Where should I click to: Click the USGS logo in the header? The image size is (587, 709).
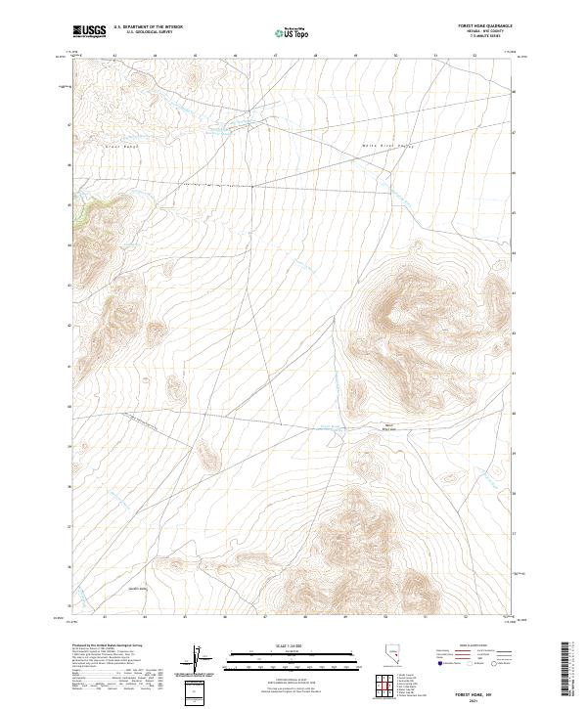tap(90, 31)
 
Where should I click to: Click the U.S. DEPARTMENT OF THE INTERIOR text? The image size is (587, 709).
tap(148, 26)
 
